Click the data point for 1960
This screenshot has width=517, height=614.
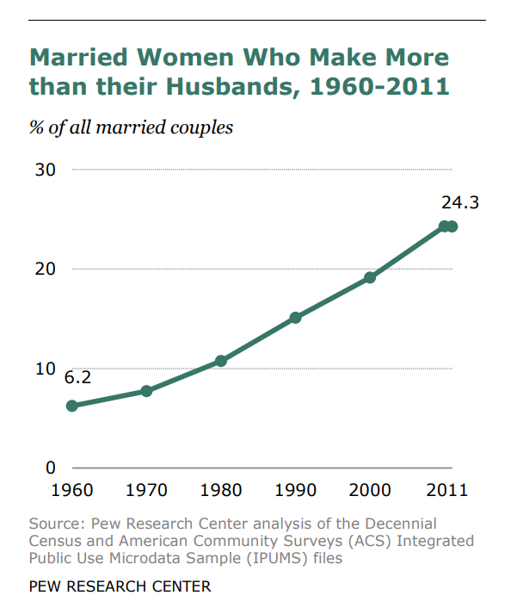(x=72, y=406)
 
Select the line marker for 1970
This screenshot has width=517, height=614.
(x=146, y=391)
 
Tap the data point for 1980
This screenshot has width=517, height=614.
(x=221, y=361)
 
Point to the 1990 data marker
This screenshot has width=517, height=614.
(x=296, y=318)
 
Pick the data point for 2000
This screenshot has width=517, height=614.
(x=370, y=277)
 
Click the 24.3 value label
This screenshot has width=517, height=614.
(x=460, y=203)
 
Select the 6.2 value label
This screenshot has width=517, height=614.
(x=77, y=377)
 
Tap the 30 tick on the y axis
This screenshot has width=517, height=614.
(x=45, y=170)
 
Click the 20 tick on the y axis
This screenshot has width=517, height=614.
(x=45, y=269)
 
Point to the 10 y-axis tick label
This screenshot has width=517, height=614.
(x=45, y=369)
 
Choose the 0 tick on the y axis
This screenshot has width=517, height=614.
(x=51, y=468)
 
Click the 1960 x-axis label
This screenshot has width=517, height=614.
(x=72, y=490)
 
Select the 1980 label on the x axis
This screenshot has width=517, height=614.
(x=221, y=490)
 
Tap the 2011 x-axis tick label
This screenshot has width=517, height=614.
(x=446, y=490)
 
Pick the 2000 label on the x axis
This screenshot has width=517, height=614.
(x=370, y=490)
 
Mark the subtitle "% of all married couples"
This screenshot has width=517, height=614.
(x=132, y=128)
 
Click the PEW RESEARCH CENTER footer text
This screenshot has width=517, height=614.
(x=120, y=586)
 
